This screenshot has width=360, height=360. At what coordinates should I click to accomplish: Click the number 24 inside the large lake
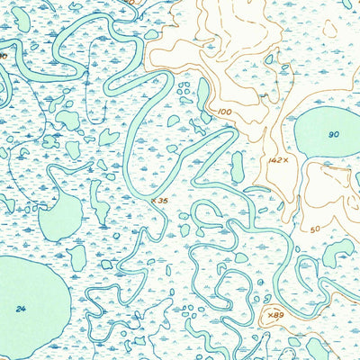pyautogui.click(x=20, y=309)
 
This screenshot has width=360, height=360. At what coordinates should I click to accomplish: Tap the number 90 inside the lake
pyautogui.click(x=334, y=135)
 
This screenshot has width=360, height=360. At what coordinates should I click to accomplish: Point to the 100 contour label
pyautogui.click(x=224, y=112)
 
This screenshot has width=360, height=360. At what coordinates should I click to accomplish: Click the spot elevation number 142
pyautogui.click(x=275, y=160)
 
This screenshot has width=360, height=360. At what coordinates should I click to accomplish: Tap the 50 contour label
pyautogui.click(x=315, y=229)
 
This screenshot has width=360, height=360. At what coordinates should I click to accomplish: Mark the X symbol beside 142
pyautogui.click(x=285, y=160)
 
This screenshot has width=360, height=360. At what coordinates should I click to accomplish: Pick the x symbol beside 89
pyautogui.click(x=268, y=314)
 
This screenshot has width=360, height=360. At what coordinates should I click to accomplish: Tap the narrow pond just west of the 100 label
pyautogui.click(x=205, y=94)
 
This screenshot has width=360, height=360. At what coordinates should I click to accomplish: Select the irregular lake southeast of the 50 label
pyautogui.click(x=337, y=252)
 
